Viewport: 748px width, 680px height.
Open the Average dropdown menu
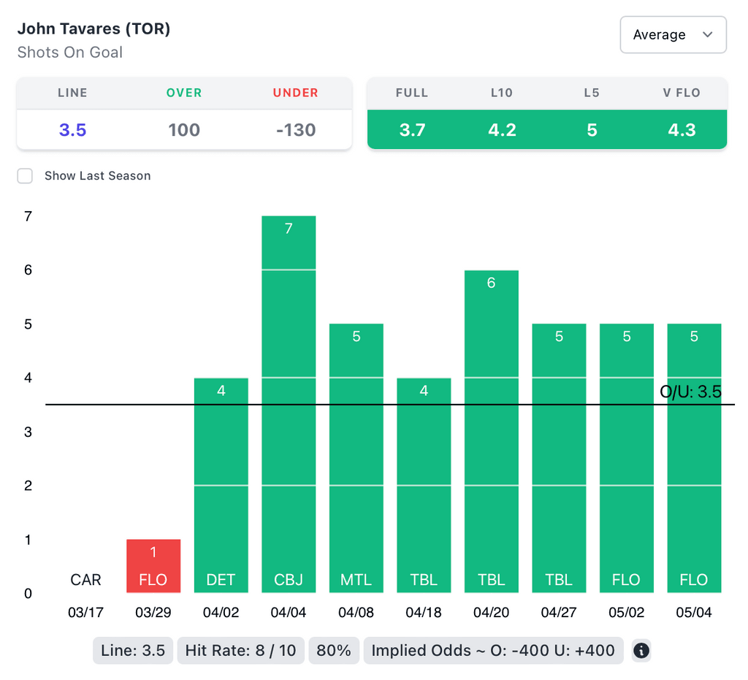coord(673,35)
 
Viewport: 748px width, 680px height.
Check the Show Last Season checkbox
coord(26,176)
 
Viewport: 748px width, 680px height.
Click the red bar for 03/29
coord(153,566)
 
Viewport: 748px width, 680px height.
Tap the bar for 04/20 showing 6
coord(491,431)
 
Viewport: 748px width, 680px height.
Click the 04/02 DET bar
coord(221,485)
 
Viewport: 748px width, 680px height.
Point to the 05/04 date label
coord(693,613)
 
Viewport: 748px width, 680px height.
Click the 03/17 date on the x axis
coord(85,613)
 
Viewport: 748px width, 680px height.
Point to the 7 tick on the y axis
coord(28,216)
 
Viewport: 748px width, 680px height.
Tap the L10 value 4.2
coord(502,130)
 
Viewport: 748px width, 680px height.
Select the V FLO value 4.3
coord(682,130)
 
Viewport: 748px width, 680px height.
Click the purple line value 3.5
coord(72,130)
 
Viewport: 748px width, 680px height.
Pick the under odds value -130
coord(296,130)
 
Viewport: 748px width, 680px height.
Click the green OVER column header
coord(184,93)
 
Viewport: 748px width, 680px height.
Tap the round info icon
coord(641,651)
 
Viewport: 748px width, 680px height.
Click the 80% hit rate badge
coord(334,650)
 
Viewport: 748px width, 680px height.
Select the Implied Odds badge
coord(493,650)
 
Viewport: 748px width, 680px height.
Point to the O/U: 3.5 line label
coord(690,392)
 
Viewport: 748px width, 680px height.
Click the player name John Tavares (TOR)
coord(93,29)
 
